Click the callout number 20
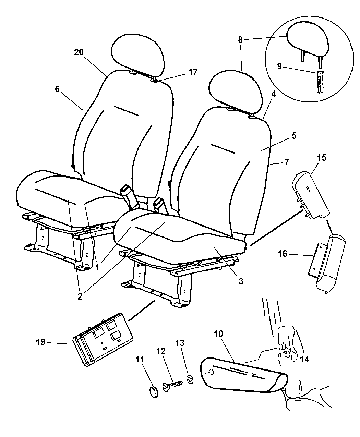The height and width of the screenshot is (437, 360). (79, 52)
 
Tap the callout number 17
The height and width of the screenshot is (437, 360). (193, 72)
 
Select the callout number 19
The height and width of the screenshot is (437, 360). (40, 342)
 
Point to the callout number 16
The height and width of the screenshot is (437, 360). (283, 254)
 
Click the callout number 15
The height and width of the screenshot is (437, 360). (322, 158)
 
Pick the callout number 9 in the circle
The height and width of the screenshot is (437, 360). (279, 66)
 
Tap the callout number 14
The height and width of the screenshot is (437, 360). (304, 359)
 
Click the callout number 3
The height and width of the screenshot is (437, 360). (241, 281)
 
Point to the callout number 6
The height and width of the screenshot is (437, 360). (57, 89)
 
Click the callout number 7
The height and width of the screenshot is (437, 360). (287, 162)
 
